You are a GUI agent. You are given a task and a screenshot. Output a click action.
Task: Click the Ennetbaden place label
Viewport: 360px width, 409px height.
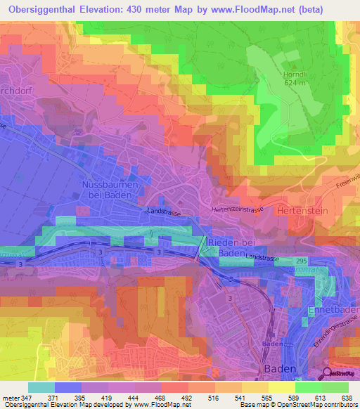point(333,310)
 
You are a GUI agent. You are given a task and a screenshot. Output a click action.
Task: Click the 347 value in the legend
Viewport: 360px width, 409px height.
point(28,398)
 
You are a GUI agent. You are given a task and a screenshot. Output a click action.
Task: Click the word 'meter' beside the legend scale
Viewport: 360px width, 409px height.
point(10,398)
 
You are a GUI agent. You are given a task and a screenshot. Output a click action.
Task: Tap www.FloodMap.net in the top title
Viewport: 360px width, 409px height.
point(265,9)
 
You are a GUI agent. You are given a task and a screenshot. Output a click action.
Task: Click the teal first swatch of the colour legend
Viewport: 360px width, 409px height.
point(41,387)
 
